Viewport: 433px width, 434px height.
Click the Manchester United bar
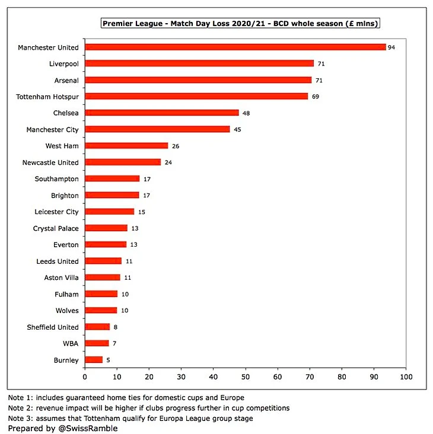[x=235, y=47]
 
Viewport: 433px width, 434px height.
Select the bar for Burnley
[x=94, y=359]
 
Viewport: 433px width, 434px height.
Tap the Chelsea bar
[x=162, y=113]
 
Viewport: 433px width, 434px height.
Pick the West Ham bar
[x=126, y=146]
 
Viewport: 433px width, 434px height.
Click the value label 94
[x=391, y=47]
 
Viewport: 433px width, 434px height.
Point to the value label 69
[x=316, y=96]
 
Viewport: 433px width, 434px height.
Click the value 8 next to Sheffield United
[x=116, y=327]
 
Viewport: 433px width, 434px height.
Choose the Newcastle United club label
[x=50, y=162]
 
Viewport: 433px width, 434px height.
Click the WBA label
[x=70, y=343]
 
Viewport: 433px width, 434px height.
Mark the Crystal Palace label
[x=56, y=228]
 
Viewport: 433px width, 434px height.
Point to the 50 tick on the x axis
[x=246, y=376]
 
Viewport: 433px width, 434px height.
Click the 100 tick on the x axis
[x=406, y=376]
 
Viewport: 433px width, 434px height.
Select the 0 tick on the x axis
[x=85, y=376]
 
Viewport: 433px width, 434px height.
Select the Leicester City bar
[x=110, y=212]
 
